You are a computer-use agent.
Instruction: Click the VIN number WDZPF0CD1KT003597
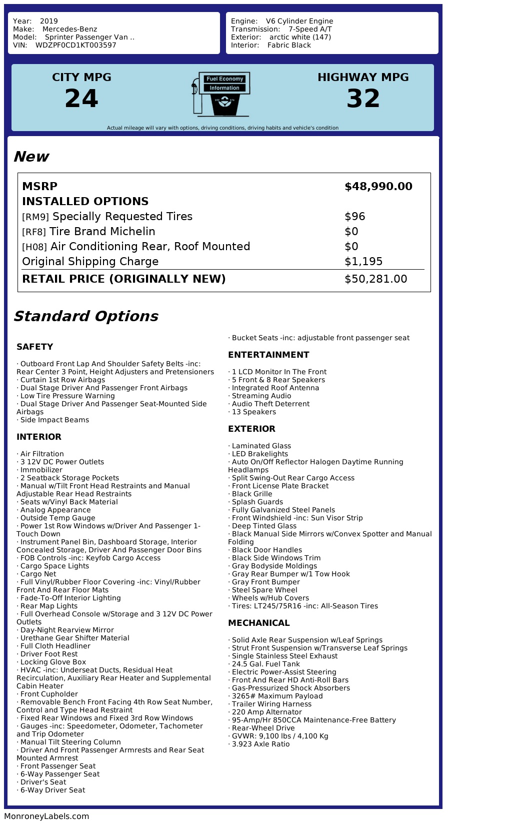click(76, 45)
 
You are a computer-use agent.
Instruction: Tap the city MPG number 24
click(81, 98)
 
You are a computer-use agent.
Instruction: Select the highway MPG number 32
click(363, 98)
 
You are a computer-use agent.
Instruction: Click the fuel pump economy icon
click(220, 94)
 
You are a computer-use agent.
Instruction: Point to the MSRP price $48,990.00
click(378, 187)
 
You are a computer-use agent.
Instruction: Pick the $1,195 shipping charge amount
click(363, 262)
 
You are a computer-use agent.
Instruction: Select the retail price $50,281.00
click(376, 279)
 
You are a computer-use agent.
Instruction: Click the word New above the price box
click(31, 157)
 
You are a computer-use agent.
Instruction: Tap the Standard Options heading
click(85, 316)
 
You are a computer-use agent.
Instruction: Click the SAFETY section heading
click(34, 347)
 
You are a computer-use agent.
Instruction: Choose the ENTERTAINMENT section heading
click(268, 355)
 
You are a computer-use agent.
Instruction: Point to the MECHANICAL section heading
click(259, 623)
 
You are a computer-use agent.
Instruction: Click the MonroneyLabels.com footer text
click(46, 816)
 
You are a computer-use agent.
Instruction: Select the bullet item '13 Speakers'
click(253, 412)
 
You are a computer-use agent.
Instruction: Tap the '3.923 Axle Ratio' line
click(260, 744)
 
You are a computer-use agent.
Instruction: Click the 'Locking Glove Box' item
click(53, 662)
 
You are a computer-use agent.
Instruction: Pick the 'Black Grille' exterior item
click(252, 494)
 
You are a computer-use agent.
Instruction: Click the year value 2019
click(49, 21)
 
